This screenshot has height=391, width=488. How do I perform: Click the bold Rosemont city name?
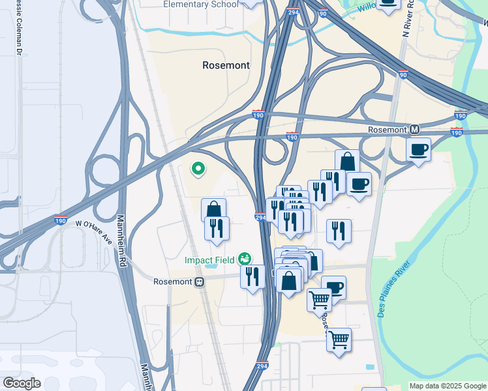pos(226,65)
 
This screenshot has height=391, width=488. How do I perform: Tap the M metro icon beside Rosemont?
pos(414,129)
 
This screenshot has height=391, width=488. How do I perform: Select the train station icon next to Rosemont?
pos(200,282)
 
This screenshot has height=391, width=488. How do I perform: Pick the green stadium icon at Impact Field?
pos(245,259)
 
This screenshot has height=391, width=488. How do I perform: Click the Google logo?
pos(22,383)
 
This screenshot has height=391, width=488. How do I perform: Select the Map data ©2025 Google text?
pos(447,386)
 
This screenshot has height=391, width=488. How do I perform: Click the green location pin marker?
pos(198,169)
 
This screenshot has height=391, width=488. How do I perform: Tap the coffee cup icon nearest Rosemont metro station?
pos(418,150)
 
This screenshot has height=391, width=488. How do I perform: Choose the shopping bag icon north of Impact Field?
pos(214,210)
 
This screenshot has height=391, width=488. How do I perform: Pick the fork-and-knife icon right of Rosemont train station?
pos(252,276)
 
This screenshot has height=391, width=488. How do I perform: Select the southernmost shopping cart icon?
pos(339,340)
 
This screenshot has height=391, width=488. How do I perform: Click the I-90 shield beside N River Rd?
pos(403,74)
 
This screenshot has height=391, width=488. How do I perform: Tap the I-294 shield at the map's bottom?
pos(262,366)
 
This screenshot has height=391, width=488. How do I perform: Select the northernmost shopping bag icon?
pos(347,162)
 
